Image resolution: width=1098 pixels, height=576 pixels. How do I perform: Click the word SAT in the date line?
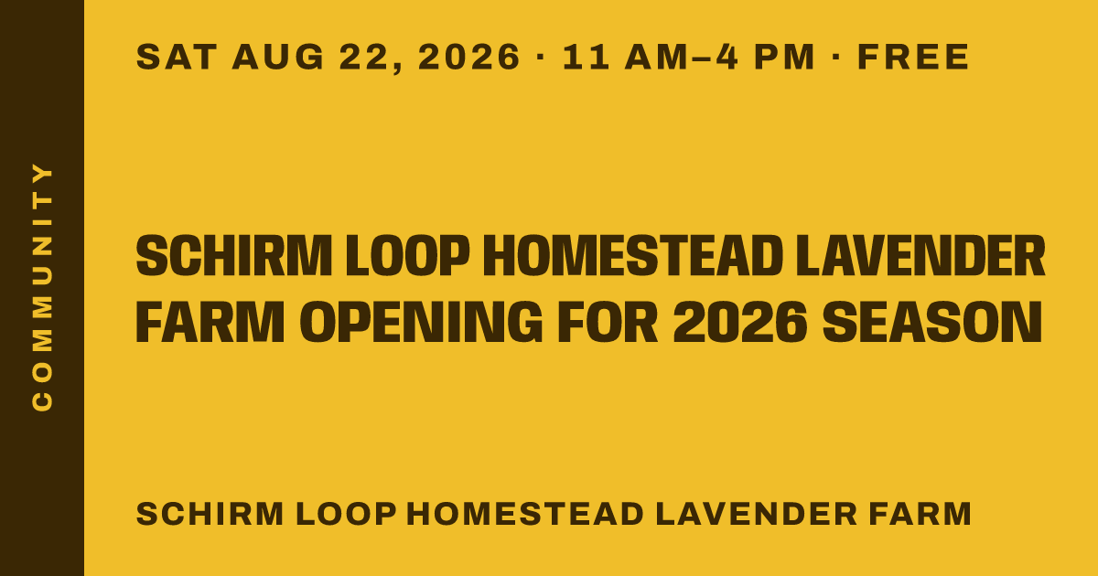pos(177,57)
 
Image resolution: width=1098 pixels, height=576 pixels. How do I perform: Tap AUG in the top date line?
pos(278,57)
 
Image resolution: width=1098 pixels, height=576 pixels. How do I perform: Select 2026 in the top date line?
pos(468,57)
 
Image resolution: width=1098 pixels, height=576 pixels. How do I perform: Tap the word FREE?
pos(913,57)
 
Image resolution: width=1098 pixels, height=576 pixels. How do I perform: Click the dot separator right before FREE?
pos(836,57)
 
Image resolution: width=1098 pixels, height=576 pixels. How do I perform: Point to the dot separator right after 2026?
pos(541,57)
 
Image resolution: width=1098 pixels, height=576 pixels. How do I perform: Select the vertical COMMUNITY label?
pos(42,287)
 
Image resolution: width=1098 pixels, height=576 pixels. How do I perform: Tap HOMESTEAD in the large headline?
pos(633,256)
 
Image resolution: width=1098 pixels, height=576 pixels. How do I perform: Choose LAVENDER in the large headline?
pos(920,256)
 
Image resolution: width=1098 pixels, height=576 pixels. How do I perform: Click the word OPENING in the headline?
pos(421,322)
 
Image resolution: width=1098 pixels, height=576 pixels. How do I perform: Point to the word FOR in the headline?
pos(608,322)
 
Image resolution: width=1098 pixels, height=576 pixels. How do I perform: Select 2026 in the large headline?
pos(740,322)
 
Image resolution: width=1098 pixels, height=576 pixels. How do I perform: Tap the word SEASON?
pos(932,322)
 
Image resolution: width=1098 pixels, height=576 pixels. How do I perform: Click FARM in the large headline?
pos(210,322)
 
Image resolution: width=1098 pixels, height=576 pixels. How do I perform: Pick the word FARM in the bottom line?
pos(920,514)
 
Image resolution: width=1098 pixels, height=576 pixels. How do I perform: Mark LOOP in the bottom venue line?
pos(346,514)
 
